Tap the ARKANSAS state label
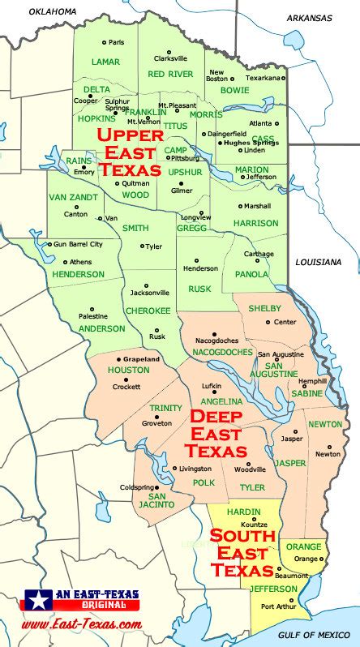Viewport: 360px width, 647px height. pos(309,17)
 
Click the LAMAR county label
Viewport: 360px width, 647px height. pos(105,62)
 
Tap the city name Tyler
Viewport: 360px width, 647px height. pos(154,246)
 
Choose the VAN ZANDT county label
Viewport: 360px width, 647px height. pos(73,197)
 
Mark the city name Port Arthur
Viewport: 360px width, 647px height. pos(278,606)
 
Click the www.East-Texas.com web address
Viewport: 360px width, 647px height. pos(81,624)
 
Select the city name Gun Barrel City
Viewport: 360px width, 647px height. pos(78,244)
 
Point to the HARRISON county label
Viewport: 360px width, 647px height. pos(255,223)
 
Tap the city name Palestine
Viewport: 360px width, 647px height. pos(93,316)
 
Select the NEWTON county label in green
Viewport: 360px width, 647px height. pos(324,423)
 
